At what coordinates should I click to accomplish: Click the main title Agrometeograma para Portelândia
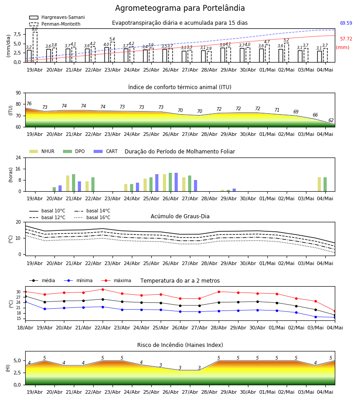click(x=180, y=8)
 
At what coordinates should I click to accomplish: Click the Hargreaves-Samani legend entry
click(x=57, y=17)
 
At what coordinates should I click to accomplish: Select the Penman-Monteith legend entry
click(x=55, y=24)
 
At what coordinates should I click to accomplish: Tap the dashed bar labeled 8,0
click(x=35, y=47)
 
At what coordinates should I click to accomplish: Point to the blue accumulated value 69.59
click(x=346, y=23)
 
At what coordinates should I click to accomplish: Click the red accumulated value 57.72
click(x=346, y=39)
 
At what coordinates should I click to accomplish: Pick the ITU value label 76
click(x=29, y=103)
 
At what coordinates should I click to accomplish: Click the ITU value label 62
click(x=331, y=120)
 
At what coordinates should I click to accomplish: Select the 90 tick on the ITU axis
click(x=18, y=93)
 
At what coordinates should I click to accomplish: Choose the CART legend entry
click(x=106, y=151)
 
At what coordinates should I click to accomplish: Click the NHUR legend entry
click(x=42, y=151)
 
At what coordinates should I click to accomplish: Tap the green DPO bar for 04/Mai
click(x=325, y=184)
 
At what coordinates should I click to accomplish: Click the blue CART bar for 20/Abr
click(x=60, y=188)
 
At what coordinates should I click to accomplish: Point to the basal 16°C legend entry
click(x=92, y=217)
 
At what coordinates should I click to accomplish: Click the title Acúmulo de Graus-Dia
click(x=180, y=216)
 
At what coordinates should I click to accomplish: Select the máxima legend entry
click(x=116, y=280)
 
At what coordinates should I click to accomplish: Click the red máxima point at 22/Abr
click(x=103, y=289)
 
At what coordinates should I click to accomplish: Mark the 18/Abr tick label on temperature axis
click(x=25, y=328)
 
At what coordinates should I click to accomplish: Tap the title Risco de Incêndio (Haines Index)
click(x=180, y=345)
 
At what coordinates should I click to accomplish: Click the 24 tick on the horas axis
click(x=18, y=157)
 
